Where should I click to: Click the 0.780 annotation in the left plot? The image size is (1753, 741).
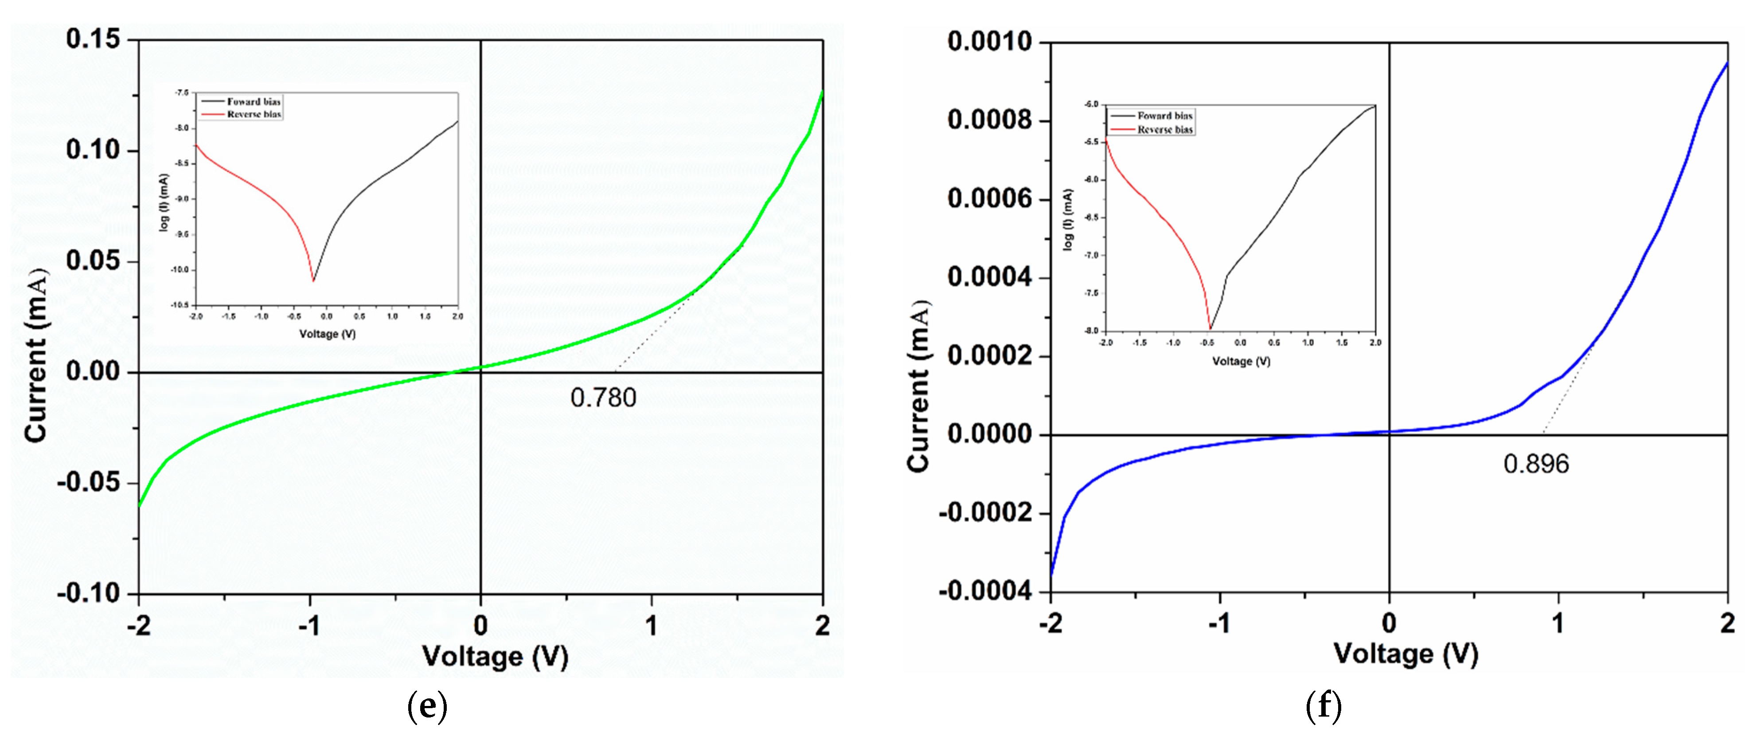(x=603, y=398)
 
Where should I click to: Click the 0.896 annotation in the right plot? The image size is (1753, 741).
(x=1535, y=464)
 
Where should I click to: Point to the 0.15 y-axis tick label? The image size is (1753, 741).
(x=93, y=39)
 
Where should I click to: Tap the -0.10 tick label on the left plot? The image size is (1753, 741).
(x=89, y=593)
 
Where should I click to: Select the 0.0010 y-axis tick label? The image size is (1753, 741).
(x=990, y=42)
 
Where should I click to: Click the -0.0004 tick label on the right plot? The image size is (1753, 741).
(x=985, y=591)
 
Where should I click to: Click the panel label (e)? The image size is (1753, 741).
(x=427, y=706)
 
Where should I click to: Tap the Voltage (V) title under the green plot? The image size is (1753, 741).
(x=495, y=657)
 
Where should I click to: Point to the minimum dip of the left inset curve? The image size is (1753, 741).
(x=313, y=280)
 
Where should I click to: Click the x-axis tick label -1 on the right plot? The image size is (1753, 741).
(x=1219, y=623)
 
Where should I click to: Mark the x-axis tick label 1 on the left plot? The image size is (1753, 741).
(x=651, y=625)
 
